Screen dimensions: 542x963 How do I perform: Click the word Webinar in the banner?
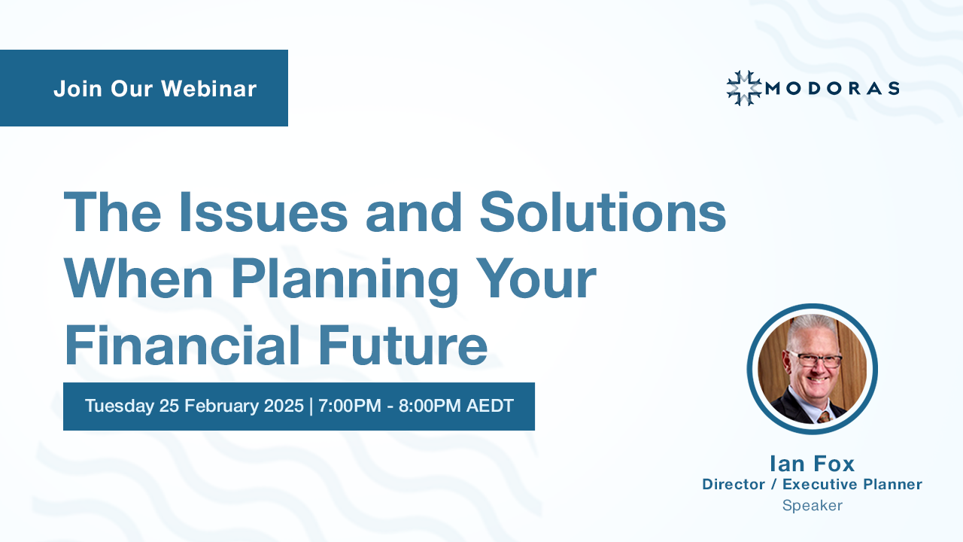pyautogui.click(x=208, y=89)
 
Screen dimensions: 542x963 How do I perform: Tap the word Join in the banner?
pyautogui.click(x=77, y=89)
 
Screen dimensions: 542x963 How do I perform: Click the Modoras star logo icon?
pyautogui.click(x=743, y=88)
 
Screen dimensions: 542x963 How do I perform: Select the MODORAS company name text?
pyautogui.click(x=831, y=89)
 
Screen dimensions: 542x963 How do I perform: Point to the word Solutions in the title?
pyautogui.click(x=603, y=212)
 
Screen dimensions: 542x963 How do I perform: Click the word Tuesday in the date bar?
pyautogui.click(x=119, y=406)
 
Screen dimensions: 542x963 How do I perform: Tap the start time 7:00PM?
pyautogui.click(x=350, y=406)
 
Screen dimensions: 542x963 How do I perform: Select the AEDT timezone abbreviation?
pyautogui.click(x=490, y=406)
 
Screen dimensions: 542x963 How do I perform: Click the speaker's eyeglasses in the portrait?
pyautogui.click(x=814, y=359)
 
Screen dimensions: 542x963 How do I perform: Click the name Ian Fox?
pyautogui.click(x=812, y=463)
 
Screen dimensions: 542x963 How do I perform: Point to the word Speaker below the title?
pyautogui.click(x=812, y=506)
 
